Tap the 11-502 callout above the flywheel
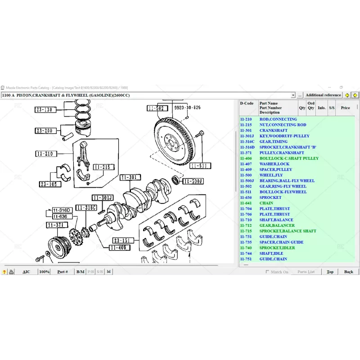tap(157, 108)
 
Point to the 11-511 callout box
tap(200, 166)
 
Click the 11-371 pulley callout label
tap(56, 225)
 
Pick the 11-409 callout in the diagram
tap(120, 247)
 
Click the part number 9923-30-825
tap(187, 108)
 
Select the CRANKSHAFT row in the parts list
tap(273, 130)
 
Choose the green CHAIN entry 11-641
tap(266, 203)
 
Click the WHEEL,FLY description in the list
tap(271, 175)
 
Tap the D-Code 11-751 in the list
tap(246, 259)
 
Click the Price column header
tap(345, 108)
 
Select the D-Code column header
tap(247, 103)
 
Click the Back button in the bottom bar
tap(348, 272)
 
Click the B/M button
tap(81, 272)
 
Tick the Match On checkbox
tap(267, 272)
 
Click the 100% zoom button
tap(44, 272)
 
